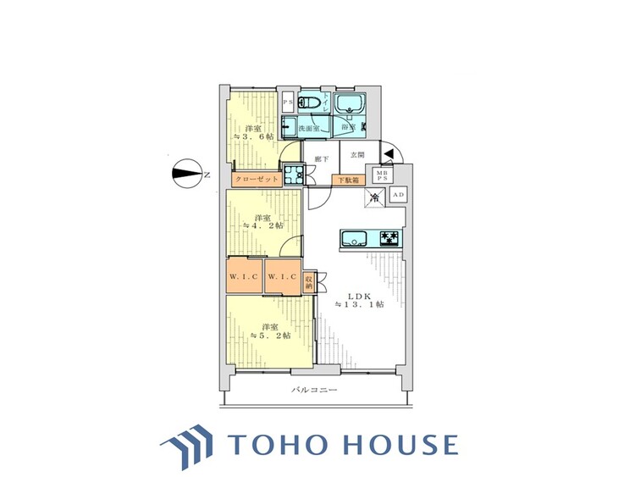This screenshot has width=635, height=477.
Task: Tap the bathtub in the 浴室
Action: pyautogui.click(x=348, y=107)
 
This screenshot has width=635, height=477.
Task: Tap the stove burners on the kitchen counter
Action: pyautogui.click(x=389, y=238)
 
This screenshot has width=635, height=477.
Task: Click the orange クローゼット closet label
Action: pyautogui.click(x=255, y=180)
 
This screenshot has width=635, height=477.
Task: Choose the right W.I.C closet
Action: pyautogui.click(x=280, y=277)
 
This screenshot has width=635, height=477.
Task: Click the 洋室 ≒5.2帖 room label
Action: pyautogui.click(x=268, y=331)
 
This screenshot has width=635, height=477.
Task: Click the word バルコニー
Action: pyautogui.click(x=315, y=390)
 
